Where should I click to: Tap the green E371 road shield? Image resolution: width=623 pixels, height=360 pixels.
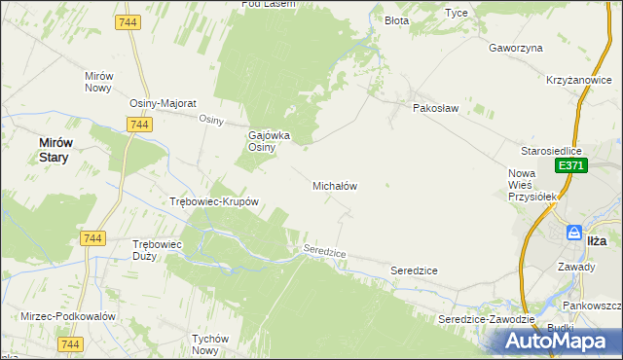[x=570, y=167]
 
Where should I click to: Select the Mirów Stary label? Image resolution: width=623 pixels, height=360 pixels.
[x=54, y=149]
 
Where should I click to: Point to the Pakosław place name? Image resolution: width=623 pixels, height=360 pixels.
[x=434, y=108]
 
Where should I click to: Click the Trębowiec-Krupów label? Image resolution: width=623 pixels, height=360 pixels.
[x=213, y=202]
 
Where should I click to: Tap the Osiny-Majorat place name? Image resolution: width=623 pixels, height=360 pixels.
[x=164, y=103]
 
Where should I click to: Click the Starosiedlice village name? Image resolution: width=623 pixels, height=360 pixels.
[x=551, y=151]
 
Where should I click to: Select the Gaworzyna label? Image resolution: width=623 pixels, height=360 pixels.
[x=516, y=48]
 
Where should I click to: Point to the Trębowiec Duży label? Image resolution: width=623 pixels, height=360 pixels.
[x=157, y=250]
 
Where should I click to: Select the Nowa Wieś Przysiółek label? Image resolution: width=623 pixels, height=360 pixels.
[x=531, y=185]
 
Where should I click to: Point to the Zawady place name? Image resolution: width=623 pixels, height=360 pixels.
[x=576, y=266]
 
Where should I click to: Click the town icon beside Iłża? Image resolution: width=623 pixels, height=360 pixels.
[x=574, y=234]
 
